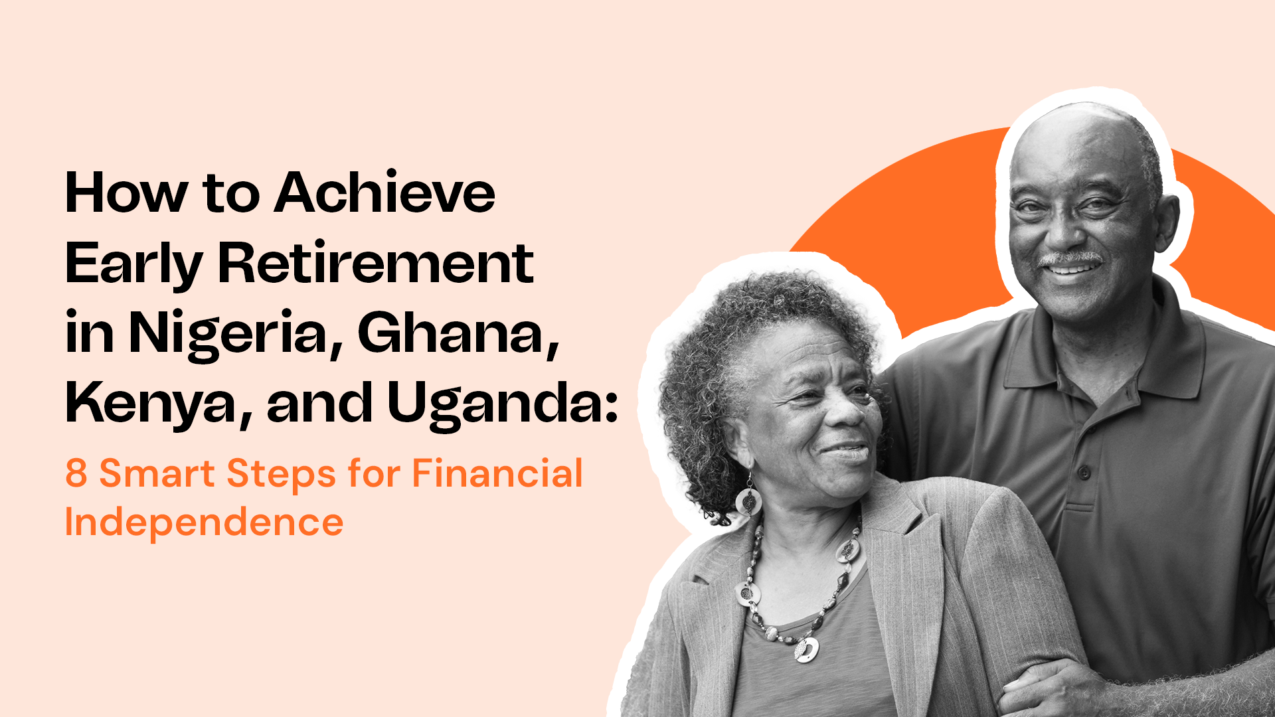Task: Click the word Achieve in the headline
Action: [385, 193]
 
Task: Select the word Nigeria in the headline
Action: [228, 333]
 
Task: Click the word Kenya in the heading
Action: [158, 404]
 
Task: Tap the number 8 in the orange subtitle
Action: [76, 474]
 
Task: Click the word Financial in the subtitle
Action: [497, 474]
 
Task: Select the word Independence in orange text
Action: [204, 522]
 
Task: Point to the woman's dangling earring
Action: [748, 498]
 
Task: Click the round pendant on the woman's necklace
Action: [806, 649]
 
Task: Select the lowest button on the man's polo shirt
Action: [1084, 473]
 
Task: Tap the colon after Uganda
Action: [612, 406]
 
